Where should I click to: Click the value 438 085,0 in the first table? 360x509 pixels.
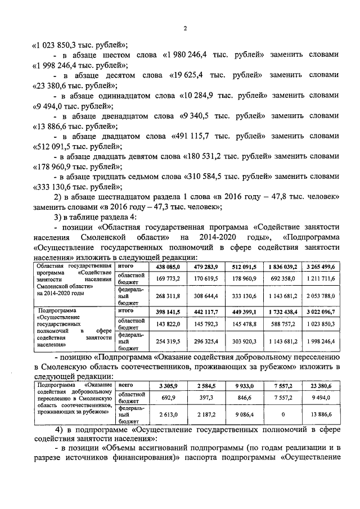point(167,267)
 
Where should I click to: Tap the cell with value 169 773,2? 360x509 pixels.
point(167,278)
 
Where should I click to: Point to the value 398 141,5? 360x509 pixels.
point(167,310)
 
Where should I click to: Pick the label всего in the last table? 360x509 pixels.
point(125,385)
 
